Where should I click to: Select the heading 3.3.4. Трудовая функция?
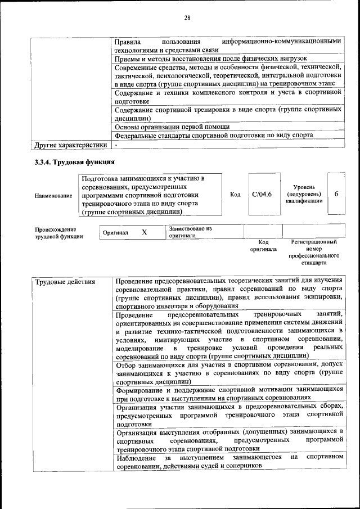[x=71, y=163]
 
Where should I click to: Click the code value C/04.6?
[x=262, y=195]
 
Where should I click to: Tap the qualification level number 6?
[x=336, y=194]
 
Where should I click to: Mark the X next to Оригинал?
[x=144, y=232]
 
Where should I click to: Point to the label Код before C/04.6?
[x=236, y=195]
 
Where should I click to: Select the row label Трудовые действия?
[x=65, y=281]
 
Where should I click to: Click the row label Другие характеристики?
[x=70, y=145]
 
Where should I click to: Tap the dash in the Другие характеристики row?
[x=115, y=145]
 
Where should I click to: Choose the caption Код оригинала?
[x=264, y=245]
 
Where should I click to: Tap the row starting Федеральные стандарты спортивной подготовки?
[x=214, y=136]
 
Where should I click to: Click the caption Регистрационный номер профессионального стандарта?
[x=314, y=252]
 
